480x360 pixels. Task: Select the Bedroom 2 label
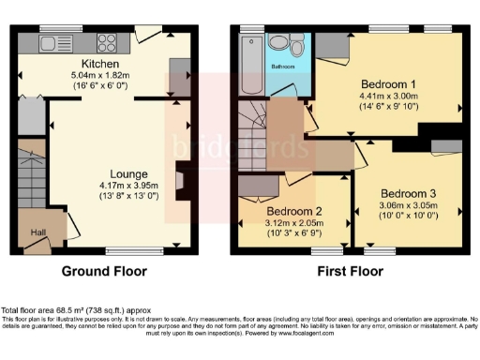coord(294,210)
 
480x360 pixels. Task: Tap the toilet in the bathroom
coord(296,44)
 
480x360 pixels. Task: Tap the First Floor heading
coord(346,273)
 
